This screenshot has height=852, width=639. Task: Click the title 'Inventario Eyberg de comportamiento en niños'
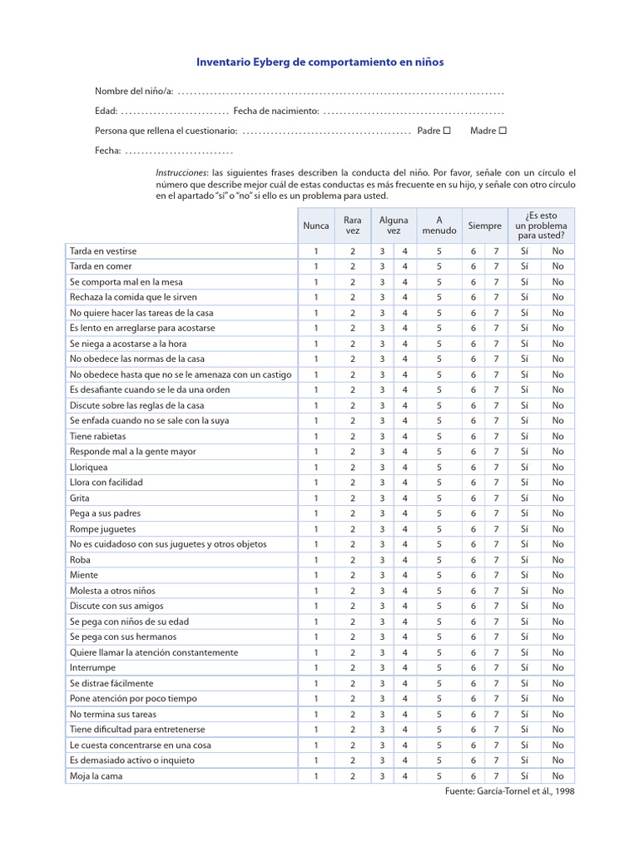pos(319,62)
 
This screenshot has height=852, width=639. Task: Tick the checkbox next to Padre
pos(447,131)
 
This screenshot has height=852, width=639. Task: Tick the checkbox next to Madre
pos(503,131)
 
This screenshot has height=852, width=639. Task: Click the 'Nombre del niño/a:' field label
pos(133,91)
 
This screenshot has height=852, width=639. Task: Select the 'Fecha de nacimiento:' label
pos(276,111)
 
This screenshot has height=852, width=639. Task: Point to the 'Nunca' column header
pos(316,225)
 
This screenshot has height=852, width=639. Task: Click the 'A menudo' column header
pos(438,225)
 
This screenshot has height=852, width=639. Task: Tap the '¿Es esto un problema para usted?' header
pos(541,225)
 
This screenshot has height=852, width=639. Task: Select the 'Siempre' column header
pos(484,225)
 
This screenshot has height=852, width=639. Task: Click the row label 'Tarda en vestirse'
pos(103,251)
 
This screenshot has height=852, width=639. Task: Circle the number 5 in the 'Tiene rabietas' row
pos(438,436)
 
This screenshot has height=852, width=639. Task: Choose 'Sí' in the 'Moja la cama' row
pos(524,775)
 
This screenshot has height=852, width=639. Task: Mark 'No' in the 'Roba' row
pos(557,560)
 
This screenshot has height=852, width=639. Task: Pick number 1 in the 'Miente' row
pos(316,575)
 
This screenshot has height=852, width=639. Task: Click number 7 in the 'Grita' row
pos(496,498)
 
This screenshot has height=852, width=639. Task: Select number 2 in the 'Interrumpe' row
pos(353,667)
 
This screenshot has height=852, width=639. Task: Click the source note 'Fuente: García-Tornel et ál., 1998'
pos(510,791)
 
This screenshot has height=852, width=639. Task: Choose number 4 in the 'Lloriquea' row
pos(405,468)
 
